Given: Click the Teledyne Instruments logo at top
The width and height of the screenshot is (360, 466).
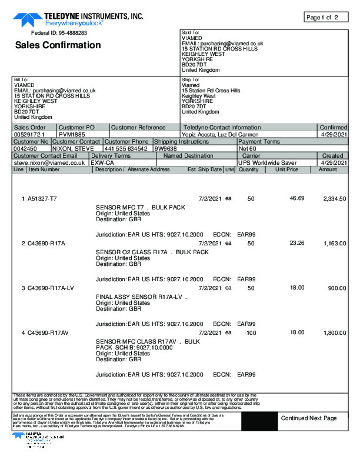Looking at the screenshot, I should click(78, 19).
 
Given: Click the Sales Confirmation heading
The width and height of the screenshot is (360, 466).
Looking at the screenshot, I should click(58, 45).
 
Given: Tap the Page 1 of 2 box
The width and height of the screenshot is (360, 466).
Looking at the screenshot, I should click(322, 17).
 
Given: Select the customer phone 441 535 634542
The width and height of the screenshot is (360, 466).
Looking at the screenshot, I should click(126, 149).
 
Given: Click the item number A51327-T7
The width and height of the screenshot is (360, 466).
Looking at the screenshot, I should click(42, 198).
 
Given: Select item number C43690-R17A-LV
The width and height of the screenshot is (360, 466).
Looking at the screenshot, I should click(51, 288).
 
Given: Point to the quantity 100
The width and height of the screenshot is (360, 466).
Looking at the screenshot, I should click(251, 333).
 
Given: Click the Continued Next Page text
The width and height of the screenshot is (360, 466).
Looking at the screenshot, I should click(308, 418).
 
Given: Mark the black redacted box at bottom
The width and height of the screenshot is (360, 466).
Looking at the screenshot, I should click(256, 420).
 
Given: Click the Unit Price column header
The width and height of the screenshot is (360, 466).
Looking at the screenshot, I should click(287, 169).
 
